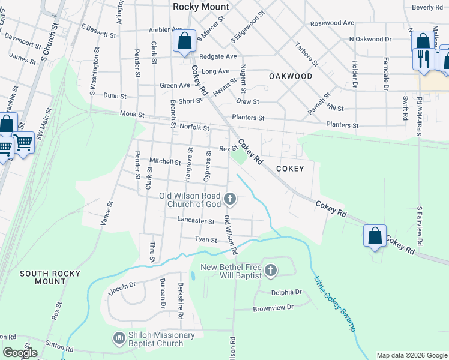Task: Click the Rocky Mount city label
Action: [x=200, y=7]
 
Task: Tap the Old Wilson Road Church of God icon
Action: [x=229, y=199]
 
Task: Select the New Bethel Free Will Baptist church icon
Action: [x=270, y=271]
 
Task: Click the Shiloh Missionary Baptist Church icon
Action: [x=119, y=339]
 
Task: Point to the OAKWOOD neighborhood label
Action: [x=291, y=76]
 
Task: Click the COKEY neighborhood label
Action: [x=290, y=169]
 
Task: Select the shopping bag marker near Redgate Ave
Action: [x=185, y=42]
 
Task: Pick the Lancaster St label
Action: [x=196, y=221]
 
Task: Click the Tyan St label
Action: [x=206, y=239]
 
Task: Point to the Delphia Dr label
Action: [x=286, y=292]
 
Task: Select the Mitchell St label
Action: [x=165, y=161]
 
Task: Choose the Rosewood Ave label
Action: [x=332, y=23]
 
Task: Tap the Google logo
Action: [x=20, y=353]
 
